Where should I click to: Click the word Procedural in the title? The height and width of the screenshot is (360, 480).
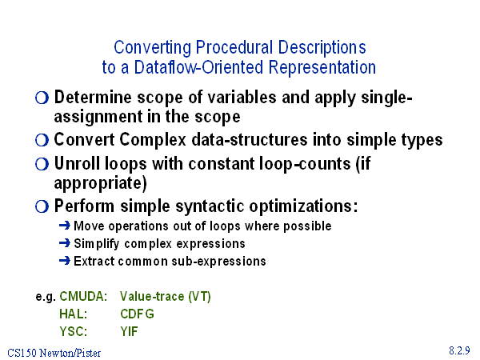[234, 47]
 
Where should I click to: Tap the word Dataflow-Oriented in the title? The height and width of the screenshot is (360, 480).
[198, 67]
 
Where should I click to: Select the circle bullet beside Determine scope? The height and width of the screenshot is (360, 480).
[42, 98]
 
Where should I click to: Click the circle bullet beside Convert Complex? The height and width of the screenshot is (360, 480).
[42, 141]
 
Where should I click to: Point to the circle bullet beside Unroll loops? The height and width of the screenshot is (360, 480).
[42, 164]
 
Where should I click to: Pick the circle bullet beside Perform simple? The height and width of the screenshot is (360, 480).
[42, 206]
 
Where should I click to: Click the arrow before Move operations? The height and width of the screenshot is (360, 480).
[65, 226]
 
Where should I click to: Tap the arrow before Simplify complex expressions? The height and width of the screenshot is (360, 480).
[65, 243]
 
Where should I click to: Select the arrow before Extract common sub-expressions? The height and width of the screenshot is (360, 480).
[65, 261]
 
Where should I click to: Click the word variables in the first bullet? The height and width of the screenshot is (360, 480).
[242, 98]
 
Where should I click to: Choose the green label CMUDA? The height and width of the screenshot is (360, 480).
[83, 296]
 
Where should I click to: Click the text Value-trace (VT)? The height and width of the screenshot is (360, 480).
[166, 296]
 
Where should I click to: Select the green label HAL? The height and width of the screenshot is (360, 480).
[74, 314]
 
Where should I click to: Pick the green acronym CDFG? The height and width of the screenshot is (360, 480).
[137, 314]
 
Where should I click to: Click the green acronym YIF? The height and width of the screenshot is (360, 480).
[129, 331]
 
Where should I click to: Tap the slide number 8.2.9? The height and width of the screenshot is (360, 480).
[459, 350]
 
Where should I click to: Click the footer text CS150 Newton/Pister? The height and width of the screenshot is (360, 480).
[54, 353]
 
